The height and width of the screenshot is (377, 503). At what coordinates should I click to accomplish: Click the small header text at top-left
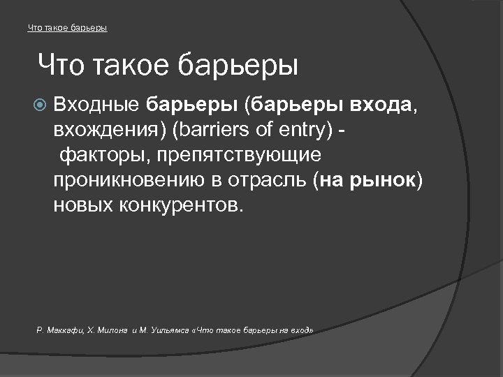[x=67, y=28]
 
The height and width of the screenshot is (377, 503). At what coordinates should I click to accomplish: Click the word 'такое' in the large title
[x=131, y=66]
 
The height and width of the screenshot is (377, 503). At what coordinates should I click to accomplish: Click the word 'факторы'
[x=98, y=156]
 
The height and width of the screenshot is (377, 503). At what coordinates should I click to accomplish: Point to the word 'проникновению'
[x=126, y=181]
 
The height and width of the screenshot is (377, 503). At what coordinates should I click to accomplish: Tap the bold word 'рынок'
[x=383, y=181]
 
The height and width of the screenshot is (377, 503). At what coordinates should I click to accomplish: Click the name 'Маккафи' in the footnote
[x=66, y=327]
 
